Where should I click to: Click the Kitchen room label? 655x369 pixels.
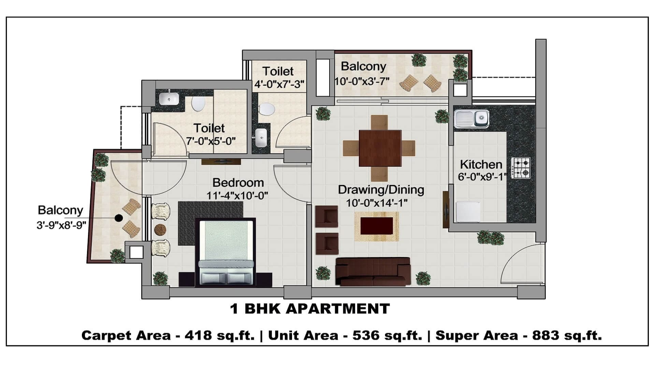[x=481, y=164]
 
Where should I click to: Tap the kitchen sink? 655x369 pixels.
[x=471, y=119]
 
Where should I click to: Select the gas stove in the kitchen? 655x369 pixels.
[x=521, y=168]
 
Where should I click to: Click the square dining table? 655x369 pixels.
[x=380, y=148]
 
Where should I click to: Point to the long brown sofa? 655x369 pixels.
[x=373, y=272]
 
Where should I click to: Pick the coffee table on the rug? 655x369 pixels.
[x=376, y=226]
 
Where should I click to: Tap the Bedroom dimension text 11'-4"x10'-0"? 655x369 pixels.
[x=237, y=195]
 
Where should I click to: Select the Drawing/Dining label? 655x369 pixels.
[x=381, y=190]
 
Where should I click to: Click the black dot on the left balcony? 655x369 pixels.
[x=119, y=218]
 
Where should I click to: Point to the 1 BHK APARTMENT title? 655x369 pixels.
[x=310, y=309]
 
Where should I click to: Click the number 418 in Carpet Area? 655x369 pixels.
[x=198, y=335]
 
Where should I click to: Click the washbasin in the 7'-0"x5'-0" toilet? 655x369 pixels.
[x=169, y=99]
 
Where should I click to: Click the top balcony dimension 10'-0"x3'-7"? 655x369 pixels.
[x=362, y=81]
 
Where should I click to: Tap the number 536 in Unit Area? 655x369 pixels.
[x=366, y=335]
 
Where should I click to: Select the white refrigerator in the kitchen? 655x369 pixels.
[x=468, y=212]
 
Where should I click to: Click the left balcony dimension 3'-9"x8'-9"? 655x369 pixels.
[x=61, y=225]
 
